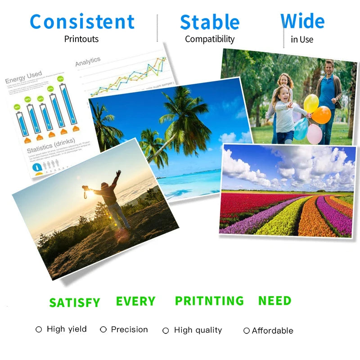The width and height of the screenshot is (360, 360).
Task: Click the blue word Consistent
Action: [82, 22]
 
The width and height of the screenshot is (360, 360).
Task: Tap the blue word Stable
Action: [209, 22]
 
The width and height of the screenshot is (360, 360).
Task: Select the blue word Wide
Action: [302, 21]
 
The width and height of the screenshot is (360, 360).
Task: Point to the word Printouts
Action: [81, 39]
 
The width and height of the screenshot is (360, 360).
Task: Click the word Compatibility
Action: [210, 39]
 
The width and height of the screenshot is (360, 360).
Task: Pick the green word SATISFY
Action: [75, 303]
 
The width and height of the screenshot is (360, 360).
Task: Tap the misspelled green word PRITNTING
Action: [209, 301]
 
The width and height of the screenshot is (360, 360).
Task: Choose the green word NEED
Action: [274, 301]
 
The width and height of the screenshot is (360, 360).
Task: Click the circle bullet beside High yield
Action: [39, 329]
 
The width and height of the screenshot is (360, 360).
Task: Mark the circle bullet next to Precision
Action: [103, 329]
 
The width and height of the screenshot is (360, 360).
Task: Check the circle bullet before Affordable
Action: [246, 331]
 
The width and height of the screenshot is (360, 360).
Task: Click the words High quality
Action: [198, 330]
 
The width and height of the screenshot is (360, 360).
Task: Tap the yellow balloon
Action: [311, 103]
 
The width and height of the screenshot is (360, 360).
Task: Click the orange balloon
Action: [322, 115]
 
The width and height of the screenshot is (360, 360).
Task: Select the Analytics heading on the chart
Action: [88, 62]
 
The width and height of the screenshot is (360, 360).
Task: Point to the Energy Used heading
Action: [23, 77]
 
